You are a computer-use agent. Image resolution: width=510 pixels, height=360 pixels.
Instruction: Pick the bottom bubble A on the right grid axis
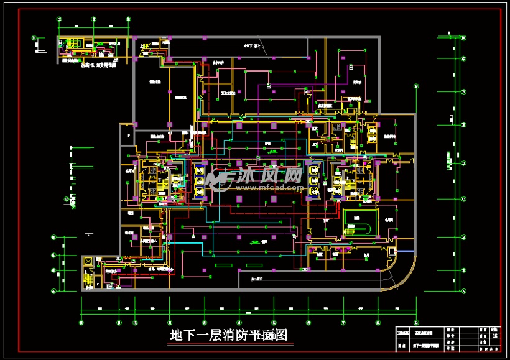pyautogui.click(x=463, y=290)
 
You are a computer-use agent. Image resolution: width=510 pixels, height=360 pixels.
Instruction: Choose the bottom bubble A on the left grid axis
pyautogui.click(x=53, y=290)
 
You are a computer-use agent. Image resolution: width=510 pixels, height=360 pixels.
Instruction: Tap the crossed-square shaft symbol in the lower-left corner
pyautogui.click(x=88, y=262)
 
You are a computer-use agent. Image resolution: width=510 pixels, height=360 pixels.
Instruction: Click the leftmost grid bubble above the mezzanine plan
pyautogui.click(x=60, y=19)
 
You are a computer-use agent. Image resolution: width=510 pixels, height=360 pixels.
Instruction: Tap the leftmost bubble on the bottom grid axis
pyautogui.click(x=81, y=322)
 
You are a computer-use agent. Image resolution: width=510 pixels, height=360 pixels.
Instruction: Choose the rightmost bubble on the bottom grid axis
pyautogui.click(x=411, y=322)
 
